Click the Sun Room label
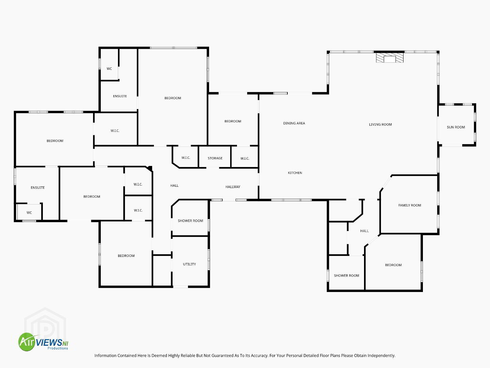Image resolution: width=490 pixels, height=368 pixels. tap(456, 127)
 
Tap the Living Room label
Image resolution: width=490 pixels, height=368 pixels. tap(380, 124)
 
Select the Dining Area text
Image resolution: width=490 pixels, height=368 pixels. tap(294, 123)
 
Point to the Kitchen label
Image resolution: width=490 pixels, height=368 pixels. tap(295, 173)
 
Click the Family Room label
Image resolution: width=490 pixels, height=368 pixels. tap(410, 205)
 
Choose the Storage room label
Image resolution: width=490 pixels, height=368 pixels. tap(215, 158)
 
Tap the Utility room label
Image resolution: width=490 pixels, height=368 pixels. tap(189, 264)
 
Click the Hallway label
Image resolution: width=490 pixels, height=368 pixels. tap(233, 187)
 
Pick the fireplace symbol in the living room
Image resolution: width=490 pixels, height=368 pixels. tap(390, 58)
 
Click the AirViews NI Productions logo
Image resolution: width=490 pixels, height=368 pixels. tap(43, 342)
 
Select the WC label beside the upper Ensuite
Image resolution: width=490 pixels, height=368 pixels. tap(109, 68)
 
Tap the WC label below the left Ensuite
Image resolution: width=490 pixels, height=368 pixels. tap(29, 213)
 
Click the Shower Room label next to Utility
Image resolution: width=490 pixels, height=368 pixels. tap(190, 220)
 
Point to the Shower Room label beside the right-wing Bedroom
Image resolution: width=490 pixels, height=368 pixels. tap(346, 276)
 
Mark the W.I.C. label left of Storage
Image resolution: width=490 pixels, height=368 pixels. tap(186, 158)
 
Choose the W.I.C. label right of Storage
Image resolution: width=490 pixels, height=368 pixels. tap(245, 158)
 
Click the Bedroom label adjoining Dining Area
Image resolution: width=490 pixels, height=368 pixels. tap(233, 121)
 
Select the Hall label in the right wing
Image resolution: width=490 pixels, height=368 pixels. tap(364, 231)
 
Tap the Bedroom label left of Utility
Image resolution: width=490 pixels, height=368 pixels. tap(126, 256)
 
